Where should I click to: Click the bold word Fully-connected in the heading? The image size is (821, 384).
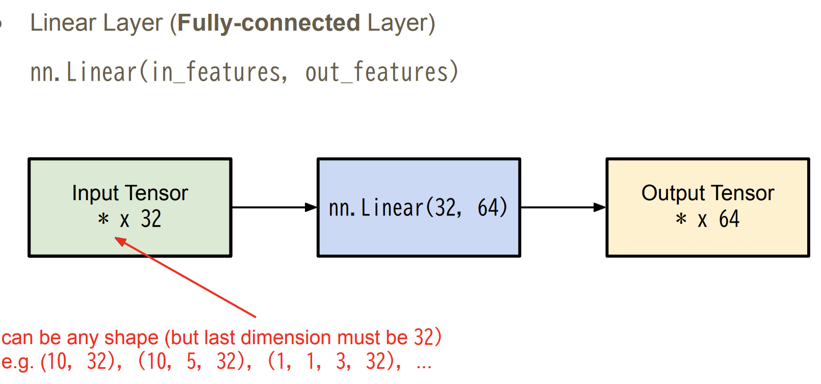coord(269,23)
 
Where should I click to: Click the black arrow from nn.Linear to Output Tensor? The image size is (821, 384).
coord(563,207)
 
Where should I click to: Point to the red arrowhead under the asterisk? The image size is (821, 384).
coord(120,241)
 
